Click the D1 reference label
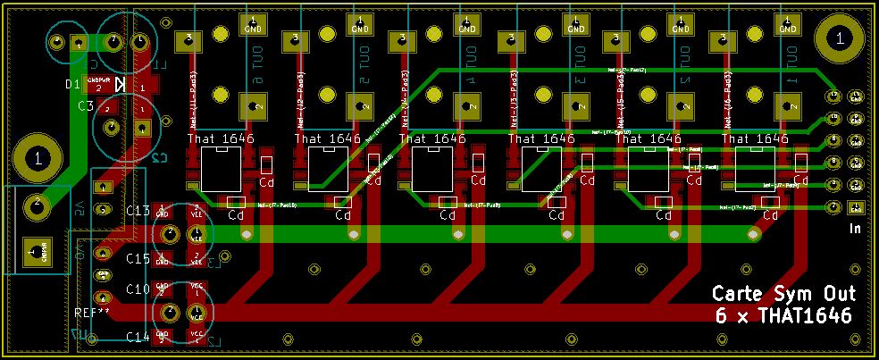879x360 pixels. [73, 85]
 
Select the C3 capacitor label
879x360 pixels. [86, 106]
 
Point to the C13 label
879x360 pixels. [138, 211]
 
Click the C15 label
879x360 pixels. [138, 259]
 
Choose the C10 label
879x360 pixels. [138, 289]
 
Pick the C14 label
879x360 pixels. [138, 337]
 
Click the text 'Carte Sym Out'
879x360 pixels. [783, 295]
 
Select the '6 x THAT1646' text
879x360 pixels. [783, 316]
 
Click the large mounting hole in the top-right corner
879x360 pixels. [838, 38]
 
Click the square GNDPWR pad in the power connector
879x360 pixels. [36, 252]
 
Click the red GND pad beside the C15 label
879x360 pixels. [163, 259]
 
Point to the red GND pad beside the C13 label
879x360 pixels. [163, 211]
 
